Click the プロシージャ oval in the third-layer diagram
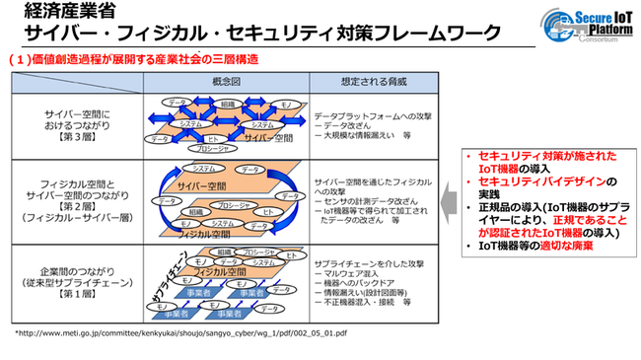pyautogui.click(x=219, y=144)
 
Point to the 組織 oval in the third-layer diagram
pyautogui.click(x=228, y=103)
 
